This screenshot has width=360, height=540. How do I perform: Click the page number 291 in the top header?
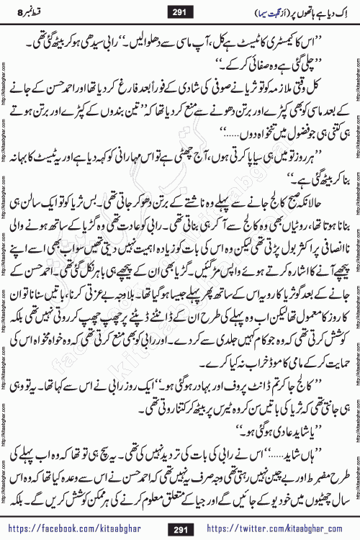180,12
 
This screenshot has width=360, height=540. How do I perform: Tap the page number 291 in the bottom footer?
180,527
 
